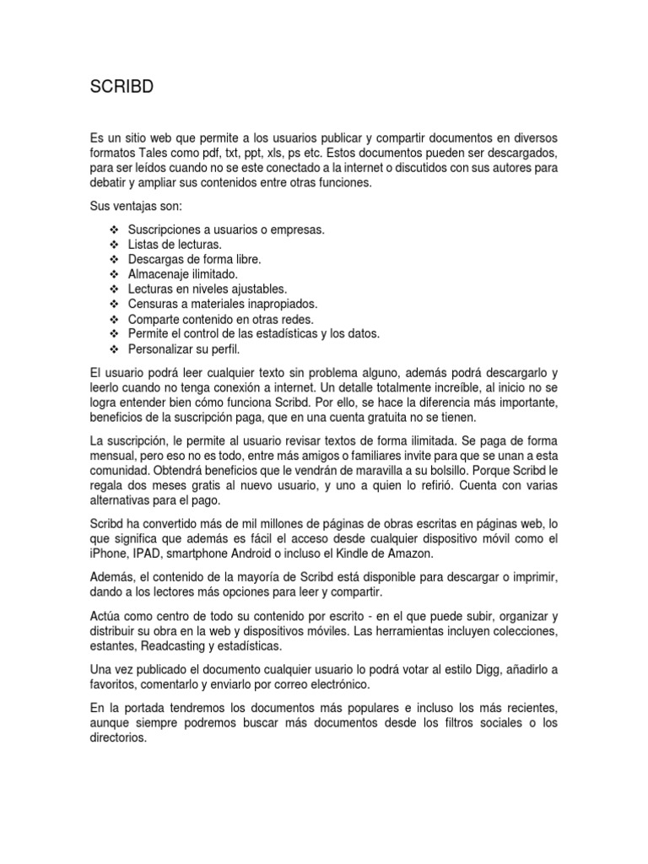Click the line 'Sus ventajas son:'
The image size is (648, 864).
[x=135, y=207]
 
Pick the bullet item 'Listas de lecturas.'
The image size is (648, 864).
[x=175, y=244]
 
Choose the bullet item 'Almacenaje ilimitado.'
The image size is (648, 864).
[x=183, y=274]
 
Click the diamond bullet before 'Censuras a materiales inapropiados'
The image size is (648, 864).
[x=114, y=305]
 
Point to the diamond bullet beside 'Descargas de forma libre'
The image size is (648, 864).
[x=114, y=259]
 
